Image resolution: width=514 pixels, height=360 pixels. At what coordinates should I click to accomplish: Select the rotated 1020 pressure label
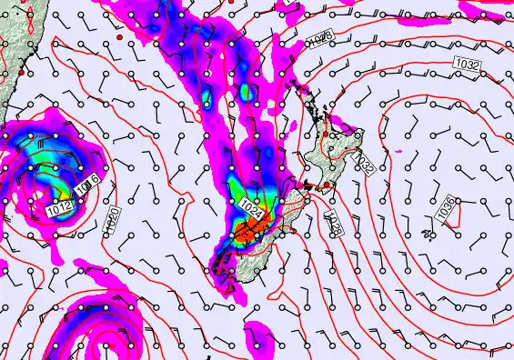110,221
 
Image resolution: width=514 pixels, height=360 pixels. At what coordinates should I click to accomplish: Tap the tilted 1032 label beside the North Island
363,164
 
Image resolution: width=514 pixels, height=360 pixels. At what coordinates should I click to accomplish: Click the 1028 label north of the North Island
318,37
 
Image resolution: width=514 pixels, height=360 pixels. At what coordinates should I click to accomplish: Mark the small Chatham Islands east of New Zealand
428,237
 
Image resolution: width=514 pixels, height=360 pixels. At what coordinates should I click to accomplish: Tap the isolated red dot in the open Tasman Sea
118,40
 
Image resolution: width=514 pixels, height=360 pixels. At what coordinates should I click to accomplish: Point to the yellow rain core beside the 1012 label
66,192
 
